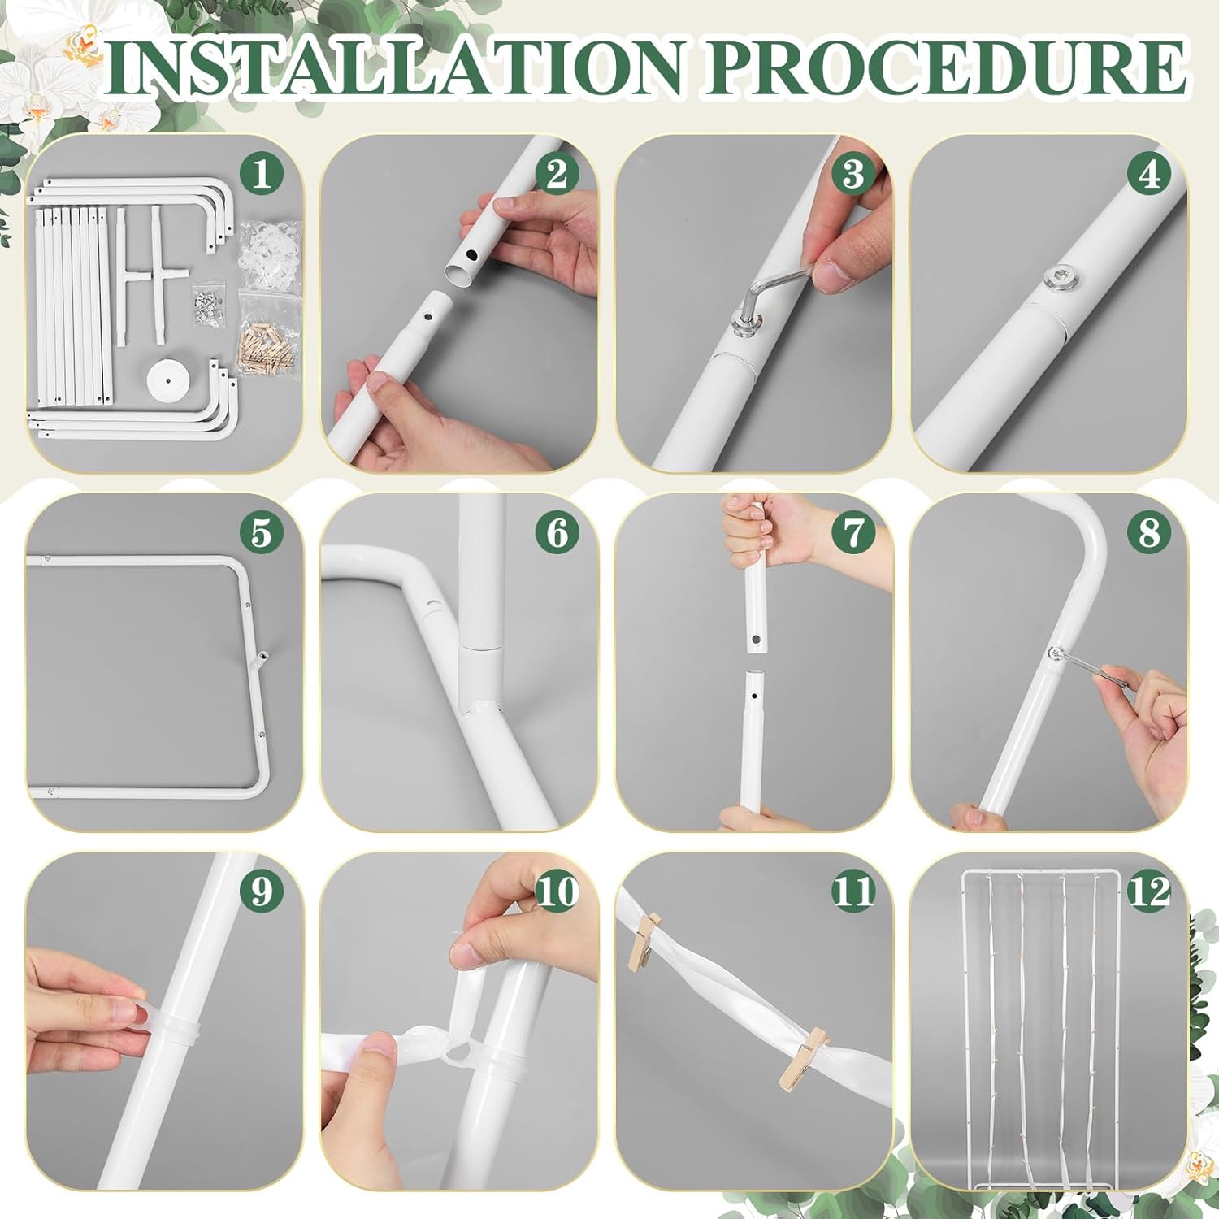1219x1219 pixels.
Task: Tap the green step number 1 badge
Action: tap(261, 174)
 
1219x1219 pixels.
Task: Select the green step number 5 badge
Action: tap(261, 534)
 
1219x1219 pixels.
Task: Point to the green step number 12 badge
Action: tap(1149, 891)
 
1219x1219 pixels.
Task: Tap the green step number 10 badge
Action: tap(557, 891)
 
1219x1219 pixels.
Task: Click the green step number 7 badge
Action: tap(853, 534)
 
